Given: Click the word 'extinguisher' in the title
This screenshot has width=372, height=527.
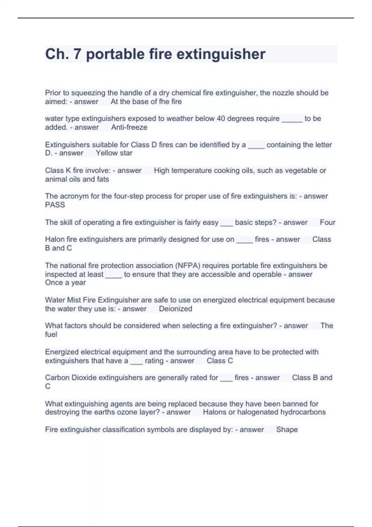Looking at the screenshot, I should (x=221, y=54).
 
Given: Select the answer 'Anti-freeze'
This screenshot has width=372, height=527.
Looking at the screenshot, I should (x=129, y=127).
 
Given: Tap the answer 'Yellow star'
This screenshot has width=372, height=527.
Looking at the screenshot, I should (x=114, y=153).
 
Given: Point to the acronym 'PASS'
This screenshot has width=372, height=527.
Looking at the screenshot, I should (x=55, y=205).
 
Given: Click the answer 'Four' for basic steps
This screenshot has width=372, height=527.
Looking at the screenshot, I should (x=327, y=223).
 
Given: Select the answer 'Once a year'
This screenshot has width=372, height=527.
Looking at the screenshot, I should (x=65, y=283).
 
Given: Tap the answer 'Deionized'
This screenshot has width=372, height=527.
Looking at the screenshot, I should (x=175, y=309).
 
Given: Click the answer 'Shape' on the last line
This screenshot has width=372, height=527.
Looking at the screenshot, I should (x=287, y=430).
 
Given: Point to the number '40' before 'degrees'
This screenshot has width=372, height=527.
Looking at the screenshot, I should (x=221, y=119).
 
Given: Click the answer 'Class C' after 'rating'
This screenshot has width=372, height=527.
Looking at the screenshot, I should (x=219, y=361).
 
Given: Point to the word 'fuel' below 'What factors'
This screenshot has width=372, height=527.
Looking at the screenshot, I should (x=51, y=334).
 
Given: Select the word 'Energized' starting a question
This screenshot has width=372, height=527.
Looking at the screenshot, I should (x=61, y=352).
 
